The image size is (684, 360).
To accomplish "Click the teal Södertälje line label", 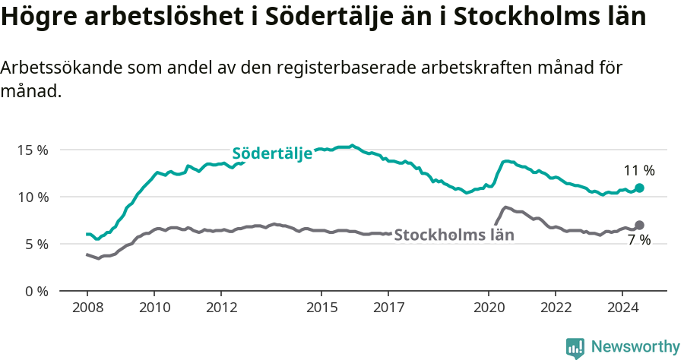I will [x=272, y=153].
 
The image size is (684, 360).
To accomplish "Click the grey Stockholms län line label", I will [x=454, y=235].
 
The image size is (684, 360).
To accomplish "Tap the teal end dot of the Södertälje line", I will [x=639, y=188].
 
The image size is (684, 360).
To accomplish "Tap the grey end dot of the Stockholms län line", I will [x=639, y=225].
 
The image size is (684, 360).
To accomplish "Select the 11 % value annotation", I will [x=639, y=171].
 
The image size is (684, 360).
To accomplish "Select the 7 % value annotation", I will [x=639, y=240].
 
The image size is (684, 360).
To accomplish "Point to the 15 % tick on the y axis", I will [x=33, y=150].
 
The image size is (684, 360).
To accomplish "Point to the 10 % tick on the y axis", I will [x=33, y=197].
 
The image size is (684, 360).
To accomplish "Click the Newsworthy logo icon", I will [x=575, y=348].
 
